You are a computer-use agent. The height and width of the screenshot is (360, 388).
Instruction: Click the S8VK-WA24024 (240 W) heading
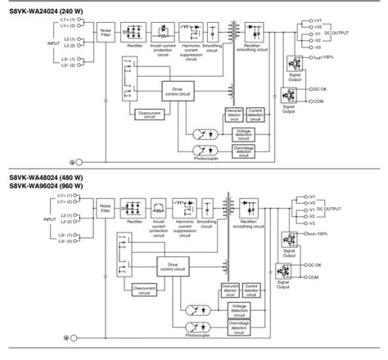click(x=46, y=7)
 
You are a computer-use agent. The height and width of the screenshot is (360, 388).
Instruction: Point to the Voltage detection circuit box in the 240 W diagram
click(x=243, y=133)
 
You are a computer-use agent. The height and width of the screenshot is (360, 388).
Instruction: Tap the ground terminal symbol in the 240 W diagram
click(x=72, y=161)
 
